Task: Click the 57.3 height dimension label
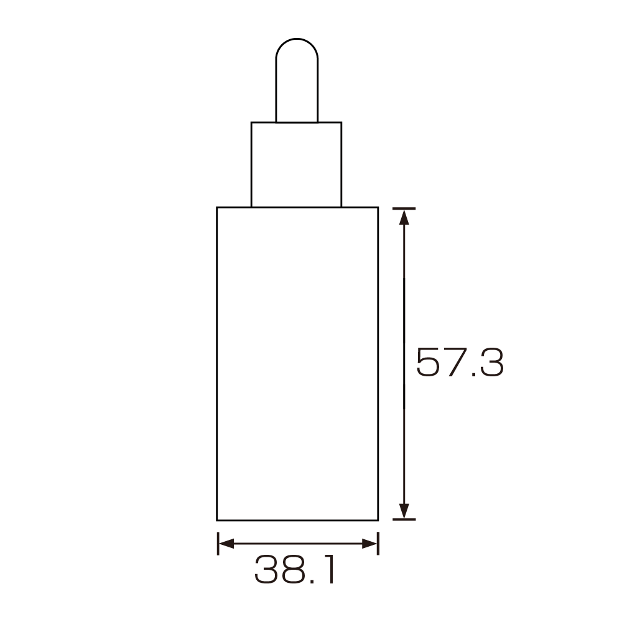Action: pyautogui.click(x=460, y=362)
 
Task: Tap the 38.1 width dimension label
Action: pyautogui.click(x=294, y=570)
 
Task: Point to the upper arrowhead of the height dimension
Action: pyautogui.click(x=404, y=217)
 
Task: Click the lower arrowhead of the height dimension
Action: pyautogui.click(x=404, y=511)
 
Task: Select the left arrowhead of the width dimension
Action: pyautogui.click(x=226, y=544)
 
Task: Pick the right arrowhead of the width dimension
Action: pyautogui.click(x=369, y=544)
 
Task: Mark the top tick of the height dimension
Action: pyautogui.click(x=404, y=208)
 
